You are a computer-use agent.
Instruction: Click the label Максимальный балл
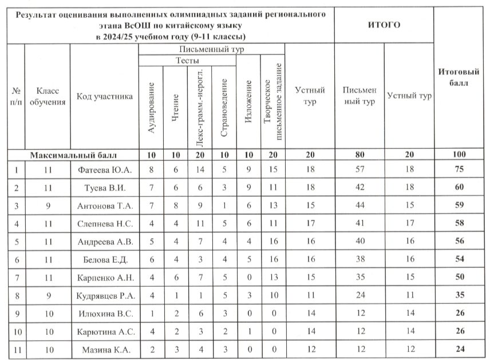click(x=73, y=155)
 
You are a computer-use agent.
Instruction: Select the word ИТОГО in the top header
click(x=383, y=25)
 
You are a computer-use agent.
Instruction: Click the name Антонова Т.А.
click(x=104, y=205)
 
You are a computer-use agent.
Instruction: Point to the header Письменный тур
click(x=212, y=50)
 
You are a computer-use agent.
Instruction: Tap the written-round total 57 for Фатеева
click(x=359, y=169)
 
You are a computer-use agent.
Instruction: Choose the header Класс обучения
click(x=46, y=96)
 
